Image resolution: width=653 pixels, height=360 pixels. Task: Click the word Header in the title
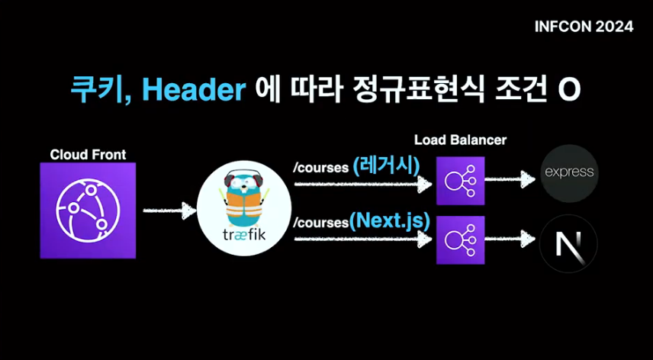[194, 90]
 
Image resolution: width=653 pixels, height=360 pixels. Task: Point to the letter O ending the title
[569, 90]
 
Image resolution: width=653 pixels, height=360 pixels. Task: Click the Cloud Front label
[88, 155]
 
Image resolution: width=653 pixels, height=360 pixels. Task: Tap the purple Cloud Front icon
[88, 210]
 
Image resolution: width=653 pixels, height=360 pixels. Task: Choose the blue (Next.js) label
[390, 222]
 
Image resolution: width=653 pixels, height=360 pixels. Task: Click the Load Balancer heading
[460, 140]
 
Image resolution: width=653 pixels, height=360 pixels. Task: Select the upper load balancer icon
[460, 181]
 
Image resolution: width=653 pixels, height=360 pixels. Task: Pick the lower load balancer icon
[460, 239]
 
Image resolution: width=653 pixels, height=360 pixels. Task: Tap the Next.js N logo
[568, 243]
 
